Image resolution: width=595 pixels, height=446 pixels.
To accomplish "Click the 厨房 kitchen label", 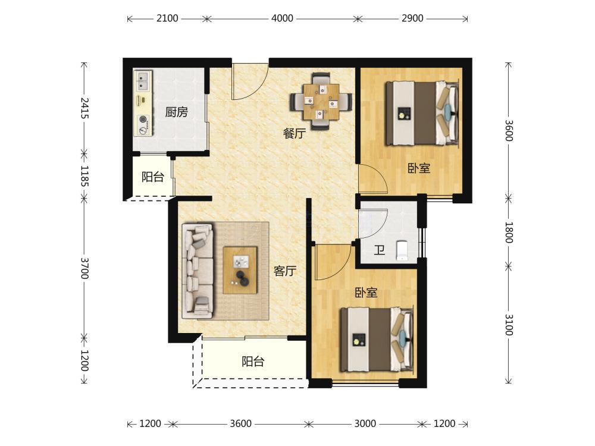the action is tap(177, 112).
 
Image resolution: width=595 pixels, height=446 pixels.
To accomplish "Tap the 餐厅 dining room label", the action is tap(295, 133).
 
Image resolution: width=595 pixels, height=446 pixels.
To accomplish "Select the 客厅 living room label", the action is tap(285, 271).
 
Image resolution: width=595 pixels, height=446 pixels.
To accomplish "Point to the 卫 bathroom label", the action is tap(380, 250).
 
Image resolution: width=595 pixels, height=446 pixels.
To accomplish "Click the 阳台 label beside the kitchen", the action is tap(153, 177).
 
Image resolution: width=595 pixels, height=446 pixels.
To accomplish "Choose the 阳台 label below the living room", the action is tap(253, 362).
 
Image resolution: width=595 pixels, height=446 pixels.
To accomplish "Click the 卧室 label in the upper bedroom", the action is tap(419, 168).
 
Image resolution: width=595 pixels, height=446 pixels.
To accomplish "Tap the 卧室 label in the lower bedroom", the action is tap(366, 293).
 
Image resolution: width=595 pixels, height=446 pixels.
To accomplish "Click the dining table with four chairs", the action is tap(321, 102).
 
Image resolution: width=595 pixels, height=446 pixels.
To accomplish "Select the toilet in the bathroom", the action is tap(402, 251).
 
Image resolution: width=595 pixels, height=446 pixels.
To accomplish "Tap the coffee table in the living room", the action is tap(240, 270).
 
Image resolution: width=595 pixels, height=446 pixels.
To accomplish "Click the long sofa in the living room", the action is tap(198, 271).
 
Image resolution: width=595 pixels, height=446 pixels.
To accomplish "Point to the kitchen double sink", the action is tap(143, 81).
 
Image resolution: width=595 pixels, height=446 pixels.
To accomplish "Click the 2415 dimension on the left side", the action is tap(84, 108).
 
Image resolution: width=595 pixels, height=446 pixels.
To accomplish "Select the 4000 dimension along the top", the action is tap(282, 18).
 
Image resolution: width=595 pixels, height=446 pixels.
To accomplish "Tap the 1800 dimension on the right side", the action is tap(509, 233).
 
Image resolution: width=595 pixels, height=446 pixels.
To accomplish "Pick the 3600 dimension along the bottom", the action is tap(240, 423).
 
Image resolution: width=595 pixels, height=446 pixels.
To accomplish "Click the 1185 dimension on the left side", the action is tap(84, 176).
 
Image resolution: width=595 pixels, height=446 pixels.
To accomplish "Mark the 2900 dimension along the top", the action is tap(412, 18).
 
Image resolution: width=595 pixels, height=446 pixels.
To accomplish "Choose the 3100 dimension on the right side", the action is tap(509, 325).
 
